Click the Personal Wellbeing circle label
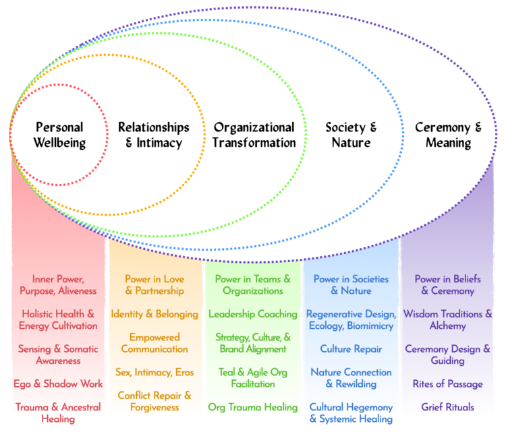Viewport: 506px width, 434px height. click(59, 135)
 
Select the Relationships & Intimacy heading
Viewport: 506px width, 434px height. click(154, 135)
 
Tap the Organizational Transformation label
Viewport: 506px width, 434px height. click(254, 135)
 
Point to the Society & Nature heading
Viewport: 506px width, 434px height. click(351, 135)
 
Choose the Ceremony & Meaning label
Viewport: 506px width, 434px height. click(448, 135)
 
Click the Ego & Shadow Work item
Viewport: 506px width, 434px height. click(59, 384)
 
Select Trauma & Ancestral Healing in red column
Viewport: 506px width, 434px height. click(59, 413)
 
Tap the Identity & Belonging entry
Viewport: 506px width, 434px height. click(154, 314)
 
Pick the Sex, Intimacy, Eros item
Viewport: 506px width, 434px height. click(154, 372)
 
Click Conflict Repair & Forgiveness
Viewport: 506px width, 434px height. click(154, 401)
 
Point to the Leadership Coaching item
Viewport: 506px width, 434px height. click(253, 314)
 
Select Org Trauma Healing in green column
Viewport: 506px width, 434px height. click(253, 407)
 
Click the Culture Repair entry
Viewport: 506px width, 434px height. click(351, 349)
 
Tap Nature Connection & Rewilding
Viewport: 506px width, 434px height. click(351, 378)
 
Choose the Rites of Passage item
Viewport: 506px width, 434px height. click(448, 384)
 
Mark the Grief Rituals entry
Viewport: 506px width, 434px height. click(448, 407)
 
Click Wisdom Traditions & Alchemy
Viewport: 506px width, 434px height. click(448, 320)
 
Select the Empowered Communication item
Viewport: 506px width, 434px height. click(154, 343)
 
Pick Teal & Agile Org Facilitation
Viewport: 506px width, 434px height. click(253, 378)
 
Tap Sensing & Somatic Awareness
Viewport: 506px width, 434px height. click(59, 355)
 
